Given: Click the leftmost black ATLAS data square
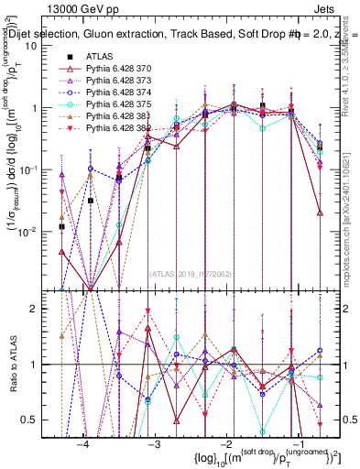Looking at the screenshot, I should point(61,226).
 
